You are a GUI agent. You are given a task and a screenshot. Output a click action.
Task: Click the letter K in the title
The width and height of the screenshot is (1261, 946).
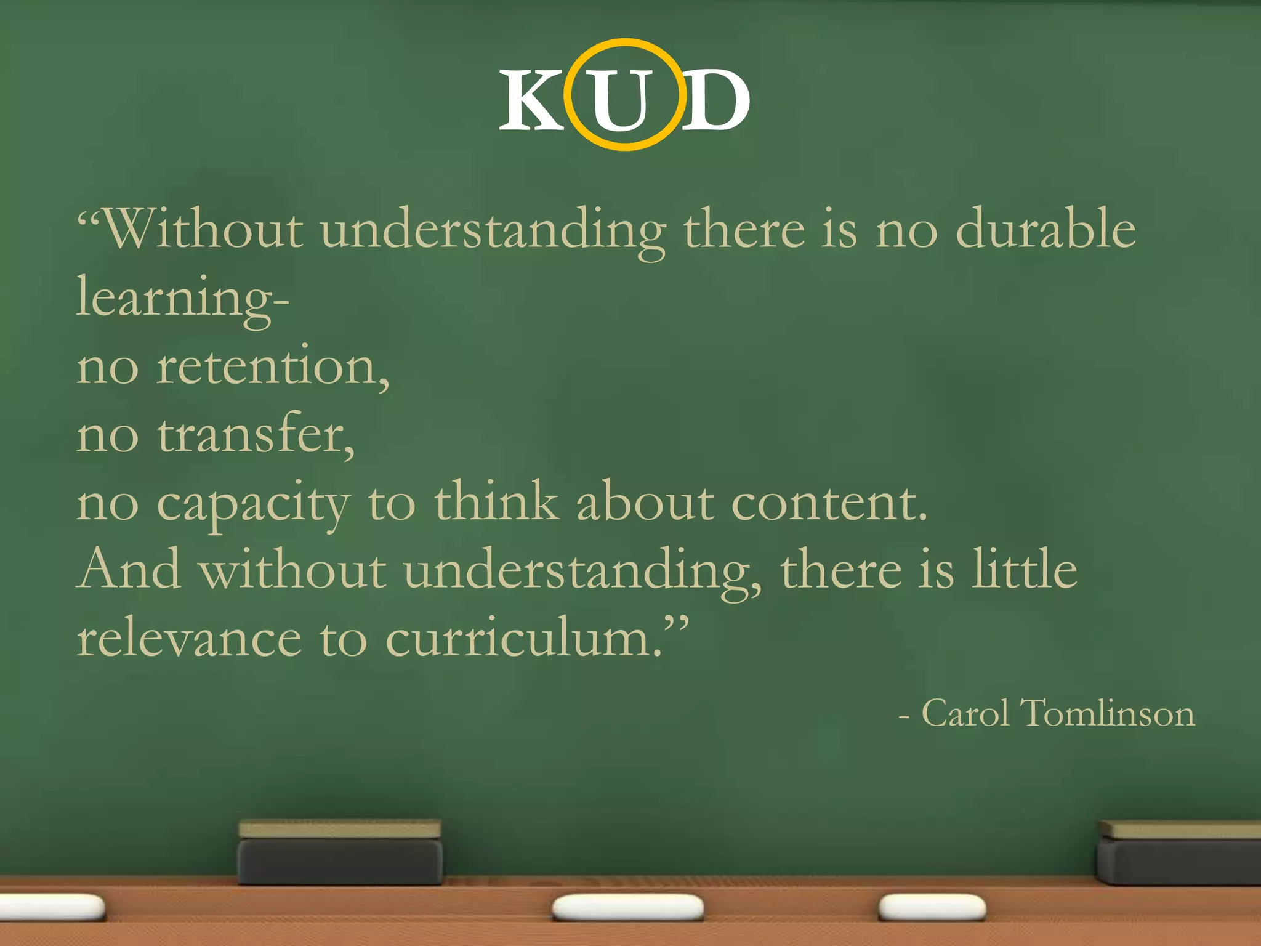coord(531,100)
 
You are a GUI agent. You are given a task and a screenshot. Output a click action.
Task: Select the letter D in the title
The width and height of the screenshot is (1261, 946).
coord(715,100)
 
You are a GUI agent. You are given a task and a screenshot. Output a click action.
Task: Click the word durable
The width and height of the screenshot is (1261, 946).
coord(1045,228)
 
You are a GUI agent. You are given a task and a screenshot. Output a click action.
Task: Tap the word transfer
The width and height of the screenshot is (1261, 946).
coord(256,434)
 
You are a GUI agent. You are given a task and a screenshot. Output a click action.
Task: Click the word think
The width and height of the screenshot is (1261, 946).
coord(496,501)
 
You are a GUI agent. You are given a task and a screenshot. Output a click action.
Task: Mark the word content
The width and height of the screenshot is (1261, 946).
coord(829,503)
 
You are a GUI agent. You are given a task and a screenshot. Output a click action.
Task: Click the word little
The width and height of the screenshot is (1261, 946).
coord(1025,570)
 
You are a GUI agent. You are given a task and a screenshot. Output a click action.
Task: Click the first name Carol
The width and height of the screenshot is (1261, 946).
coord(965,714)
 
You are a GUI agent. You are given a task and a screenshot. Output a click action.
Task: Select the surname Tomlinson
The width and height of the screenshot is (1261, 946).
coord(1107,714)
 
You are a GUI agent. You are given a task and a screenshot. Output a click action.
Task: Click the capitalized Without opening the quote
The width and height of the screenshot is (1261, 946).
coord(203,228)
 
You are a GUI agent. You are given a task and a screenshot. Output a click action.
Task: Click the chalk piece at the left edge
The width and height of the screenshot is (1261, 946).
coord(52,907)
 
